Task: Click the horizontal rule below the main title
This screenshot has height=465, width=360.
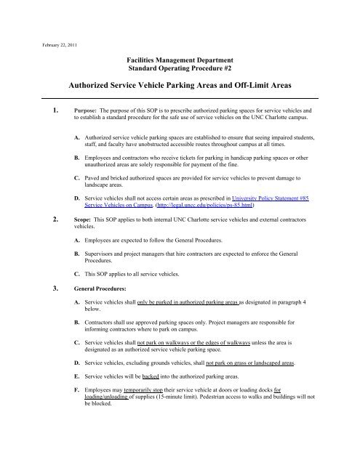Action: tap(180, 97)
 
